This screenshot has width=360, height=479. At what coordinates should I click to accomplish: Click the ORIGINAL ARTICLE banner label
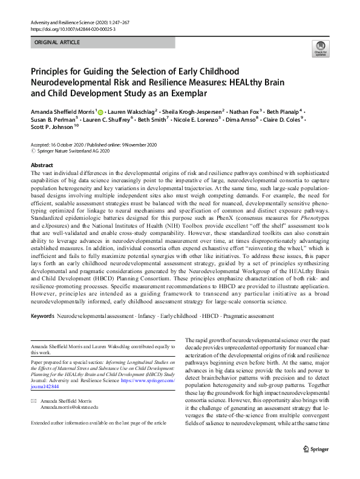click(58, 43)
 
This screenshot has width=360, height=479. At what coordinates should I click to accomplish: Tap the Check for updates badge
click(320, 49)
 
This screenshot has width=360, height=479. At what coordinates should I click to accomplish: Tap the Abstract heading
click(41, 165)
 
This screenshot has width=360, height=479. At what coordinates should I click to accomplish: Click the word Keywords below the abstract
click(42, 317)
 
